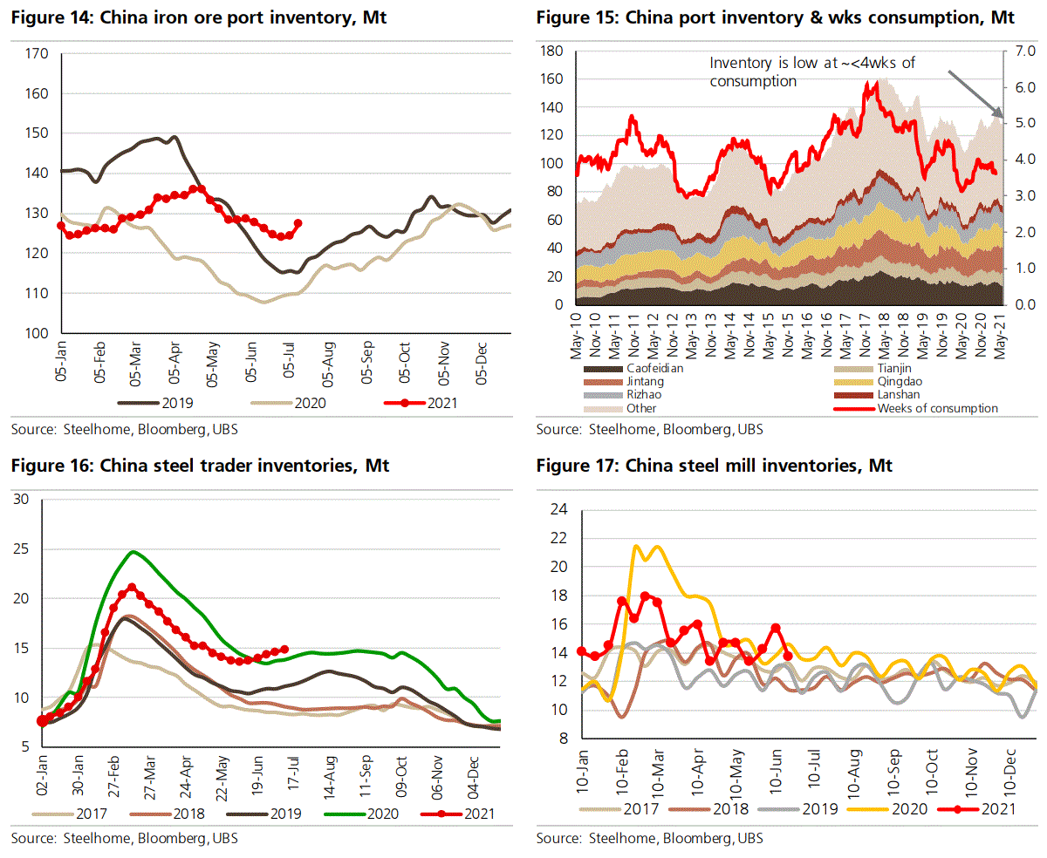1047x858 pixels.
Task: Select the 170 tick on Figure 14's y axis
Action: point(37,54)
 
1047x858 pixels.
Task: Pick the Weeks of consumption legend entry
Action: point(937,408)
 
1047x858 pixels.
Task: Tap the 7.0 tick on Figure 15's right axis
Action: point(1024,51)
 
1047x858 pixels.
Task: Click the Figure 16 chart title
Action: point(200,466)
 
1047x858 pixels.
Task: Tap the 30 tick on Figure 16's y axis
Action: point(22,500)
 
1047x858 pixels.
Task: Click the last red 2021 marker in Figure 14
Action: point(298,223)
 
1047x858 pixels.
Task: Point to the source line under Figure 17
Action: point(649,838)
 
